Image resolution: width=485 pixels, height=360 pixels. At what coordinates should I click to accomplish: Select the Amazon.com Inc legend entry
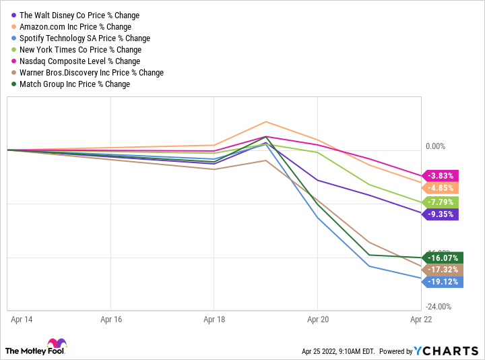75,26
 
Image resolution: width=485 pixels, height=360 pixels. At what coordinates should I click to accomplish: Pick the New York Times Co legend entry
80,50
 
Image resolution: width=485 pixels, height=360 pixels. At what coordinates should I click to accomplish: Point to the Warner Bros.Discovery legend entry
91,73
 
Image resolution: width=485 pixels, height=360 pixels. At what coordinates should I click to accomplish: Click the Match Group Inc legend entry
74,84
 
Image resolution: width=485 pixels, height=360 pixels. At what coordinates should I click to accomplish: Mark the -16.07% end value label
445,258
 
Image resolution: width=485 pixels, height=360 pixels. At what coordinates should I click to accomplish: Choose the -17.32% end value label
445,269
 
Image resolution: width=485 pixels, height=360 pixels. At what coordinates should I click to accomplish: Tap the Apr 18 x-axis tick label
214,319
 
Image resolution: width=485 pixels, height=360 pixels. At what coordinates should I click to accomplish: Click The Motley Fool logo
37,347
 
